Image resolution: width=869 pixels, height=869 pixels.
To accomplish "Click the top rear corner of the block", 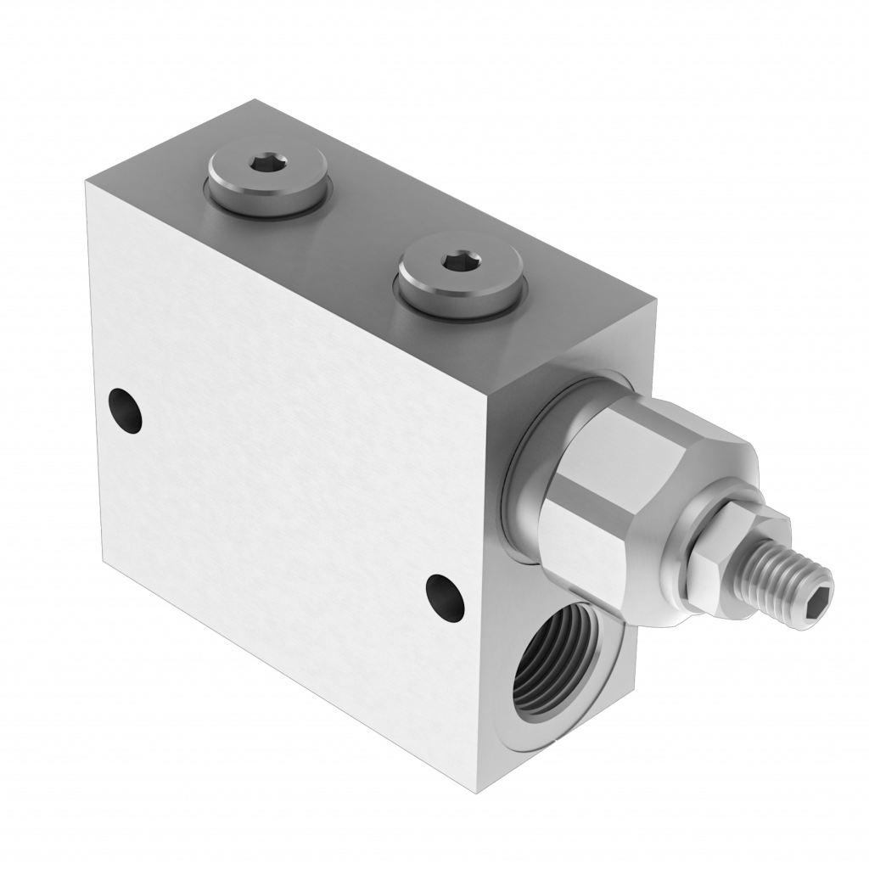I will tap(252, 99).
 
